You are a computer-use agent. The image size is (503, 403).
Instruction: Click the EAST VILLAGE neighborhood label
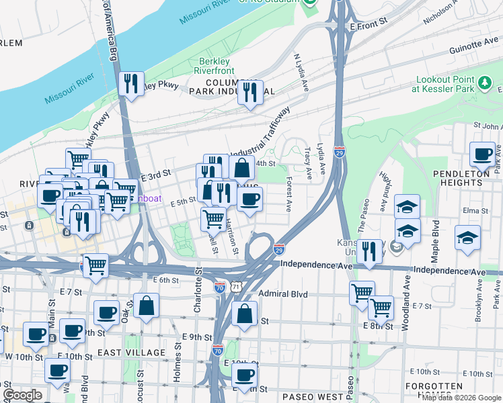131,353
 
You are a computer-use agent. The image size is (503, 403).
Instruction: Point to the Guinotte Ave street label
473,44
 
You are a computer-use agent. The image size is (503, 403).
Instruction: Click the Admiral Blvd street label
282,294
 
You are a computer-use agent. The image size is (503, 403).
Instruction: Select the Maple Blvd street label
435,241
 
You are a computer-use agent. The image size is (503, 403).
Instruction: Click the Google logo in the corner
22,395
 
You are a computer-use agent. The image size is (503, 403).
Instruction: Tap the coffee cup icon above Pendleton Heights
482,154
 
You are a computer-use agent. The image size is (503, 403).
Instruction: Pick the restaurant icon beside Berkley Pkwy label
130,83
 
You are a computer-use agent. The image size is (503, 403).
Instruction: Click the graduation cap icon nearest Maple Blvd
467,238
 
